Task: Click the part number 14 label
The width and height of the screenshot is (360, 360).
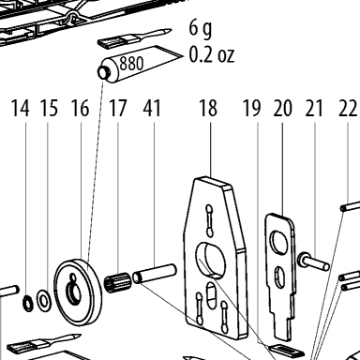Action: [x=21, y=108]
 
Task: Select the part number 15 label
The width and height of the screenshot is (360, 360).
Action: [x=50, y=108]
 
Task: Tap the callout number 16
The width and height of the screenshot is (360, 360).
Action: [x=81, y=108]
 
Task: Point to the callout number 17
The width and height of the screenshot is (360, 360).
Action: [x=118, y=108]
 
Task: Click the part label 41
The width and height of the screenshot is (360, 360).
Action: [x=152, y=108]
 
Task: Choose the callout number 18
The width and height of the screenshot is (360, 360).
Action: [x=208, y=108]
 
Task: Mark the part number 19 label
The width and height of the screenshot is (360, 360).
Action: [x=251, y=108]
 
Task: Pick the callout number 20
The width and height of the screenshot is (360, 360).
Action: [x=283, y=108]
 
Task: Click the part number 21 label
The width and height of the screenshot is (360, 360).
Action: [x=314, y=108]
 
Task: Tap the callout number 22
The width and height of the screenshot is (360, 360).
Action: [x=348, y=108]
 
